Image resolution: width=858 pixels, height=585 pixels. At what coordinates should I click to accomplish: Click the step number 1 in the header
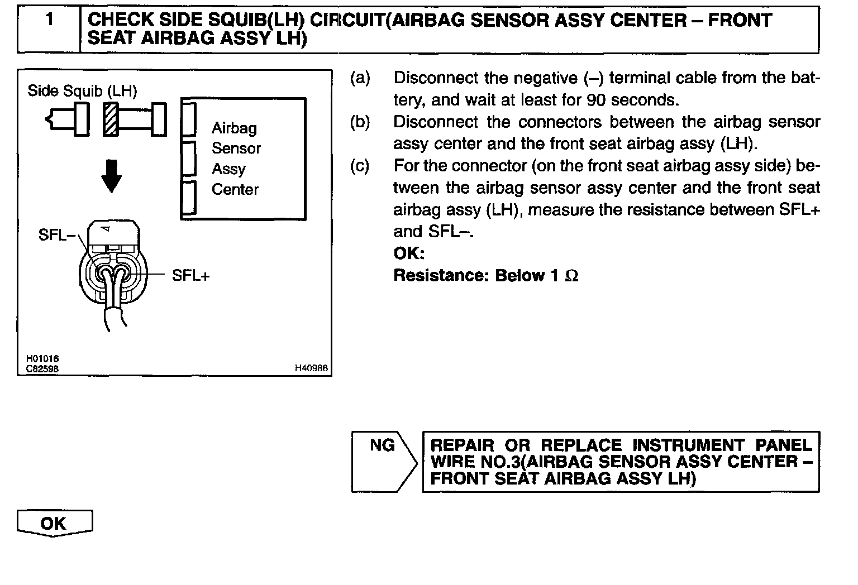coord(50,20)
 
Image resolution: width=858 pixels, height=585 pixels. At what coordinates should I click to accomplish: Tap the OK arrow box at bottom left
coord(54,523)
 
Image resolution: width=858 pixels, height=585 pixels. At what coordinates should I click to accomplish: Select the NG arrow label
coord(383,445)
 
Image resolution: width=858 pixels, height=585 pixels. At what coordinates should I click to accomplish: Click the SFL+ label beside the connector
coord(190,275)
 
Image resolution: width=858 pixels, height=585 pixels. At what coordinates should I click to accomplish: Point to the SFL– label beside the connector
coord(56,235)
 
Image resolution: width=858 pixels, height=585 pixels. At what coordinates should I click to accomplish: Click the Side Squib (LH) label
coord(82,90)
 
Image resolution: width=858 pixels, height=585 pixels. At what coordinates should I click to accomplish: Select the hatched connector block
coord(111,119)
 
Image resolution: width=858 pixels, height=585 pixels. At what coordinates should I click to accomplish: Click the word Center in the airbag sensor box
coord(235,190)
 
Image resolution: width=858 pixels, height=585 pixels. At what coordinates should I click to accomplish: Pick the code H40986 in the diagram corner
coord(311,368)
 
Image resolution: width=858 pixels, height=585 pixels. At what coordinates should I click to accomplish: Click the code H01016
coord(42,359)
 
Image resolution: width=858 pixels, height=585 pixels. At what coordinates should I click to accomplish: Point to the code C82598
coord(42,368)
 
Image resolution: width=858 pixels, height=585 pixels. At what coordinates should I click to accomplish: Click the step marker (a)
coord(360,78)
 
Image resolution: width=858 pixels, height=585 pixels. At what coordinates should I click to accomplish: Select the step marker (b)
coord(360,122)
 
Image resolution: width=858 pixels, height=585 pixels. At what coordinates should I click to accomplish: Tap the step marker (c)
coord(360,166)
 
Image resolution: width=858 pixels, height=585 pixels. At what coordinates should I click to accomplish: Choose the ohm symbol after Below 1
coord(571,276)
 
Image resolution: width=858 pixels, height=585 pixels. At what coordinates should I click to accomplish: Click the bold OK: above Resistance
coord(409,253)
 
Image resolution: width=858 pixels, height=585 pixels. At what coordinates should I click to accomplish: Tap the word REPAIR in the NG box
coord(463,445)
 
